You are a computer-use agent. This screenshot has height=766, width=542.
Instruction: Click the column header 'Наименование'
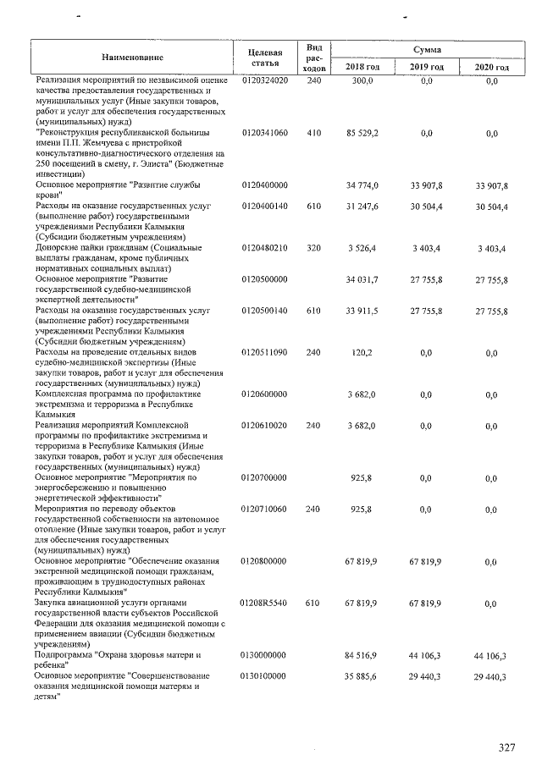pos(133,58)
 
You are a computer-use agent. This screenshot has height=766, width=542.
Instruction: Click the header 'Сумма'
pos(427,51)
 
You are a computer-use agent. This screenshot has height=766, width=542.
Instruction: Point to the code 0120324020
pos(265,80)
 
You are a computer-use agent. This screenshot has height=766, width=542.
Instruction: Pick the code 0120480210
pos(265,248)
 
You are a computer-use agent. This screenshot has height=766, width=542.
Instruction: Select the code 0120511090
pos(265,353)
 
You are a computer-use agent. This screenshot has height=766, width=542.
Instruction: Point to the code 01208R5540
pos(265,603)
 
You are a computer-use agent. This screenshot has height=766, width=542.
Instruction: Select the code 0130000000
pos(265,655)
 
